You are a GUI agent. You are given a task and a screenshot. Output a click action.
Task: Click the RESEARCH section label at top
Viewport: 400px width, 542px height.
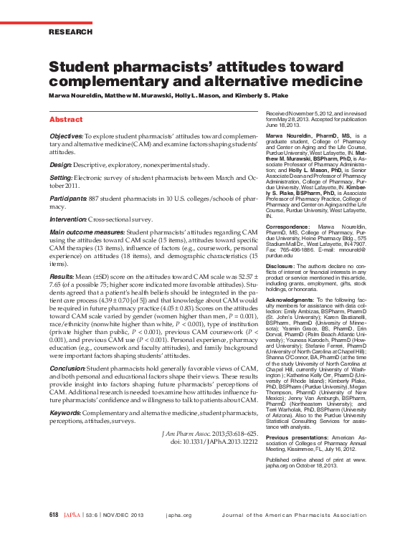pyautogui.click(x=70, y=32)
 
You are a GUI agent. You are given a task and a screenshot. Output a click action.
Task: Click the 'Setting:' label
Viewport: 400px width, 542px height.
pyautogui.click(x=63, y=176)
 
